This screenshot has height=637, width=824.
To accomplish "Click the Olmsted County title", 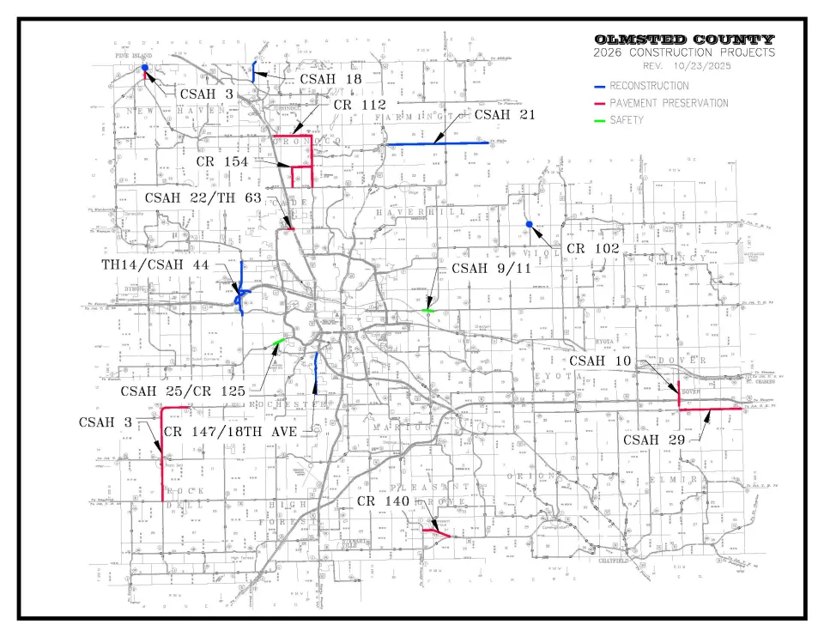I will click(684, 39).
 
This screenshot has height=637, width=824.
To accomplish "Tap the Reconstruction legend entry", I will click(649, 86).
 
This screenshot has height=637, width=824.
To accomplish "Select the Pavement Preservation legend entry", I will click(668, 103).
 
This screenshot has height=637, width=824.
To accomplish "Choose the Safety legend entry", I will click(626, 120).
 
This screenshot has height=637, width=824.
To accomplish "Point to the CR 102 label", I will click(593, 248).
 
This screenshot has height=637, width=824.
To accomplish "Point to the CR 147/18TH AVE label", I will click(230, 431).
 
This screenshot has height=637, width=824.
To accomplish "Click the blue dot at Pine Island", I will click(145, 68).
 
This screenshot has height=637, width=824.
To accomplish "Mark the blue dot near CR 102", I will click(530, 225).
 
